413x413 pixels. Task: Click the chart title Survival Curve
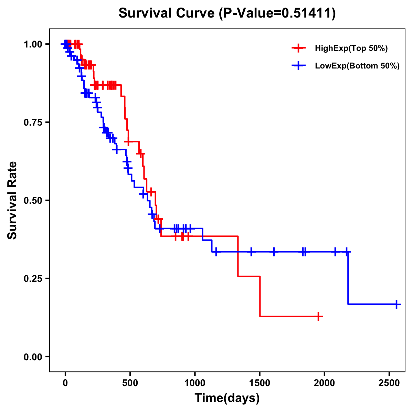(x=167, y=13)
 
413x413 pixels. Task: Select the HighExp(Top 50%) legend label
(x=351, y=49)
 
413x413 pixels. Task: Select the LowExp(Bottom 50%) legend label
(x=357, y=66)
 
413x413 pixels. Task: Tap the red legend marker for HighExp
(x=298, y=48)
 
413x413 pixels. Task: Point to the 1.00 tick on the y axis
(x=33, y=44)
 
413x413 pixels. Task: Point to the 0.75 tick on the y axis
(x=33, y=123)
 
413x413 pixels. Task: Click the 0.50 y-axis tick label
(x=33, y=201)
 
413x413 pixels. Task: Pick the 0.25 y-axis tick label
(x=33, y=279)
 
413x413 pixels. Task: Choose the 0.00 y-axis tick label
(x=33, y=357)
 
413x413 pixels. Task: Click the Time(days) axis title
(x=227, y=398)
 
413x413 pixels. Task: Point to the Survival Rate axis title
(x=12, y=200)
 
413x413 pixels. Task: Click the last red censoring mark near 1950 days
(x=319, y=316)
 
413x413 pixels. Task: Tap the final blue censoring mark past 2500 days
(x=396, y=304)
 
